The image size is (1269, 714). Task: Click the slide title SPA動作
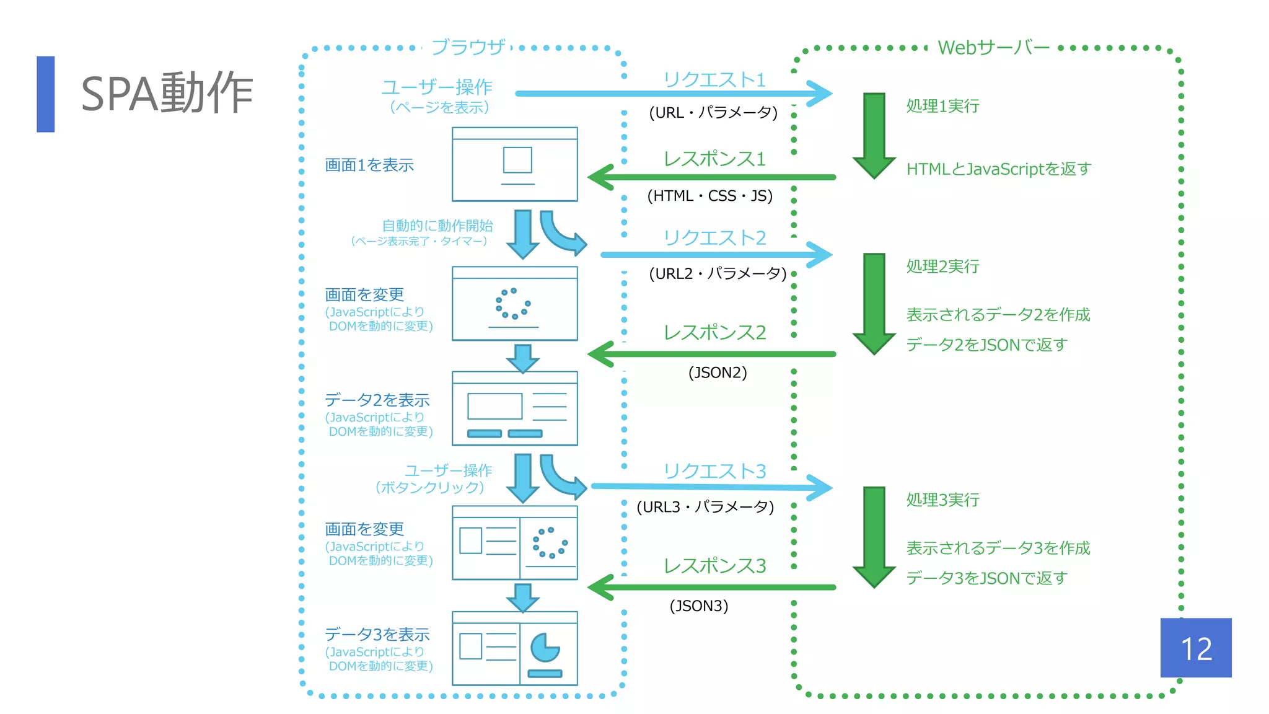tap(167, 94)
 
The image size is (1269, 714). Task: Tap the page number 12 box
tap(1195, 648)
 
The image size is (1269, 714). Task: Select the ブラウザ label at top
tap(468, 47)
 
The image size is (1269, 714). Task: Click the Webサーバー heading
tap(993, 48)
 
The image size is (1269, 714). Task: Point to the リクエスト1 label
tap(714, 79)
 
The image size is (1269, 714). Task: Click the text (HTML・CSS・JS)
tap(709, 196)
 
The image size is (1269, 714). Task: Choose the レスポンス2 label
tap(714, 332)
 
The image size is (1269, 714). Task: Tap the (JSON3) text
tap(698, 606)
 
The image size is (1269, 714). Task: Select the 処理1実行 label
tap(942, 106)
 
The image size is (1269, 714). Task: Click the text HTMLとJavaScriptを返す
tap(998, 169)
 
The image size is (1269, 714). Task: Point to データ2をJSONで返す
tap(986, 344)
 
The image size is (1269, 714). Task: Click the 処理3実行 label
tap(942, 500)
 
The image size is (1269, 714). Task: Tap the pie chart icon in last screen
tap(545, 648)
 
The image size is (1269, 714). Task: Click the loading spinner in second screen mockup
tap(513, 303)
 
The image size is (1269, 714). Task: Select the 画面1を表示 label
tap(369, 165)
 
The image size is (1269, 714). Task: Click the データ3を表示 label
tap(377, 634)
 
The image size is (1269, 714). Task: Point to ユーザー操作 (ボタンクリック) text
tap(434, 478)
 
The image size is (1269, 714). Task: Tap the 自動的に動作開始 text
tap(437, 226)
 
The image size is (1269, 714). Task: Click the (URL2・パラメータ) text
tap(717, 273)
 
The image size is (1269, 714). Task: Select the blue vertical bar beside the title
tap(46, 94)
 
